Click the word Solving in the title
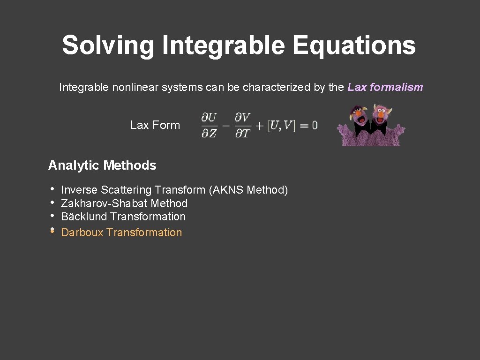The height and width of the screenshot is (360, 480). pyautogui.click(x=108, y=46)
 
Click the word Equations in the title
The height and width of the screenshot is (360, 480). pyautogui.click(x=354, y=46)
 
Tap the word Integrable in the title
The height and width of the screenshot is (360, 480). pyautogui.click(x=223, y=46)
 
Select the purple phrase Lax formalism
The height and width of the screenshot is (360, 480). pyautogui.click(x=385, y=87)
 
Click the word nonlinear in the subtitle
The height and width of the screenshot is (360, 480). pyautogui.click(x=135, y=87)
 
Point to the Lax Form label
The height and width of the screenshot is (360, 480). pyautogui.click(x=155, y=125)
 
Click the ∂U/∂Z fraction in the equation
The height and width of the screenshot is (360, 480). pyautogui.click(x=209, y=125)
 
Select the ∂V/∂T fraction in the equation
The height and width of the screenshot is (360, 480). pyautogui.click(x=242, y=125)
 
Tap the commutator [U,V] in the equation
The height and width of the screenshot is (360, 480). pyautogui.click(x=281, y=126)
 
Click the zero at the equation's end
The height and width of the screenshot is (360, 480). pyautogui.click(x=314, y=125)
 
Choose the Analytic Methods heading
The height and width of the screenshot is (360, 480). pyautogui.click(x=102, y=165)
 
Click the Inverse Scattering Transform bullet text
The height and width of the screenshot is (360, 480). pyautogui.click(x=133, y=190)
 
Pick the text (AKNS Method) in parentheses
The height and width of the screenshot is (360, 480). pyautogui.click(x=248, y=190)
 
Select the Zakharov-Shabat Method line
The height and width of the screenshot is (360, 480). pyautogui.click(x=124, y=203)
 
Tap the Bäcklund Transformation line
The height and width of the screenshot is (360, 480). pyautogui.click(x=123, y=217)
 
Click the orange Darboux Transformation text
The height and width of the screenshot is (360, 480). pyautogui.click(x=121, y=232)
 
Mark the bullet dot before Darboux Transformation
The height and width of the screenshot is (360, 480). pyautogui.click(x=52, y=231)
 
